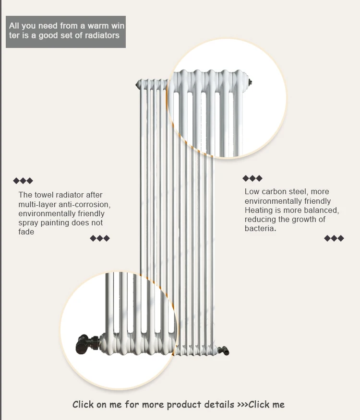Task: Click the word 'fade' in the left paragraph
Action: click(x=26, y=232)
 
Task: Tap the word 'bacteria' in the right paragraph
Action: click(x=260, y=229)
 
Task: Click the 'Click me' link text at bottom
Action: click(x=266, y=405)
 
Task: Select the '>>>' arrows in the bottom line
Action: click(x=242, y=405)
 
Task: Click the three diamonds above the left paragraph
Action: click(x=23, y=181)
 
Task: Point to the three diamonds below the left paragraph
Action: click(x=100, y=238)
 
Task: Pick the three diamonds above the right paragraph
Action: click(x=252, y=178)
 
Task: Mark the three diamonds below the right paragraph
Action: click(x=334, y=238)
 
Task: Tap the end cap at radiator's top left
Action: click(x=139, y=84)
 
